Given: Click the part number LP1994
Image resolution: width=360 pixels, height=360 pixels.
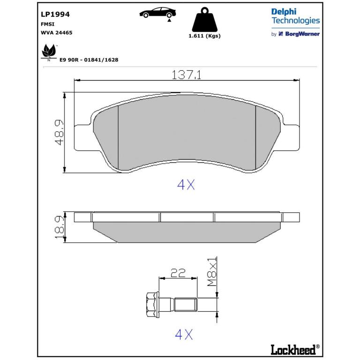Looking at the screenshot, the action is click(x=55, y=14).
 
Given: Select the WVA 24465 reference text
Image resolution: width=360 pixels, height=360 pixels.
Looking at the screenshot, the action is click(x=56, y=33).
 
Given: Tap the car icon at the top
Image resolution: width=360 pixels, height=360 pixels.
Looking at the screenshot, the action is click(x=157, y=12).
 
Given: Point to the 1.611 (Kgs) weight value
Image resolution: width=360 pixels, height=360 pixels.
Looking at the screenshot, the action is click(x=204, y=36).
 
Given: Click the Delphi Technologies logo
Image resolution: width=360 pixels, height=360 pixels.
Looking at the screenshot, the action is click(x=295, y=16).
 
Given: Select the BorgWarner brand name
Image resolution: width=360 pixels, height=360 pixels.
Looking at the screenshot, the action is click(x=302, y=34).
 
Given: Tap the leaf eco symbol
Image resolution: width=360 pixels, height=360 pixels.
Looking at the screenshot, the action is click(x=49, y=52).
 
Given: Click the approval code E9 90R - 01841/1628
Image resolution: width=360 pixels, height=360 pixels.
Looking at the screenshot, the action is click(x=89, y=60).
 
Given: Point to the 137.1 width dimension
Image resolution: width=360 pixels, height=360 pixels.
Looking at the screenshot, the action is click(x=187, y=75).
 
